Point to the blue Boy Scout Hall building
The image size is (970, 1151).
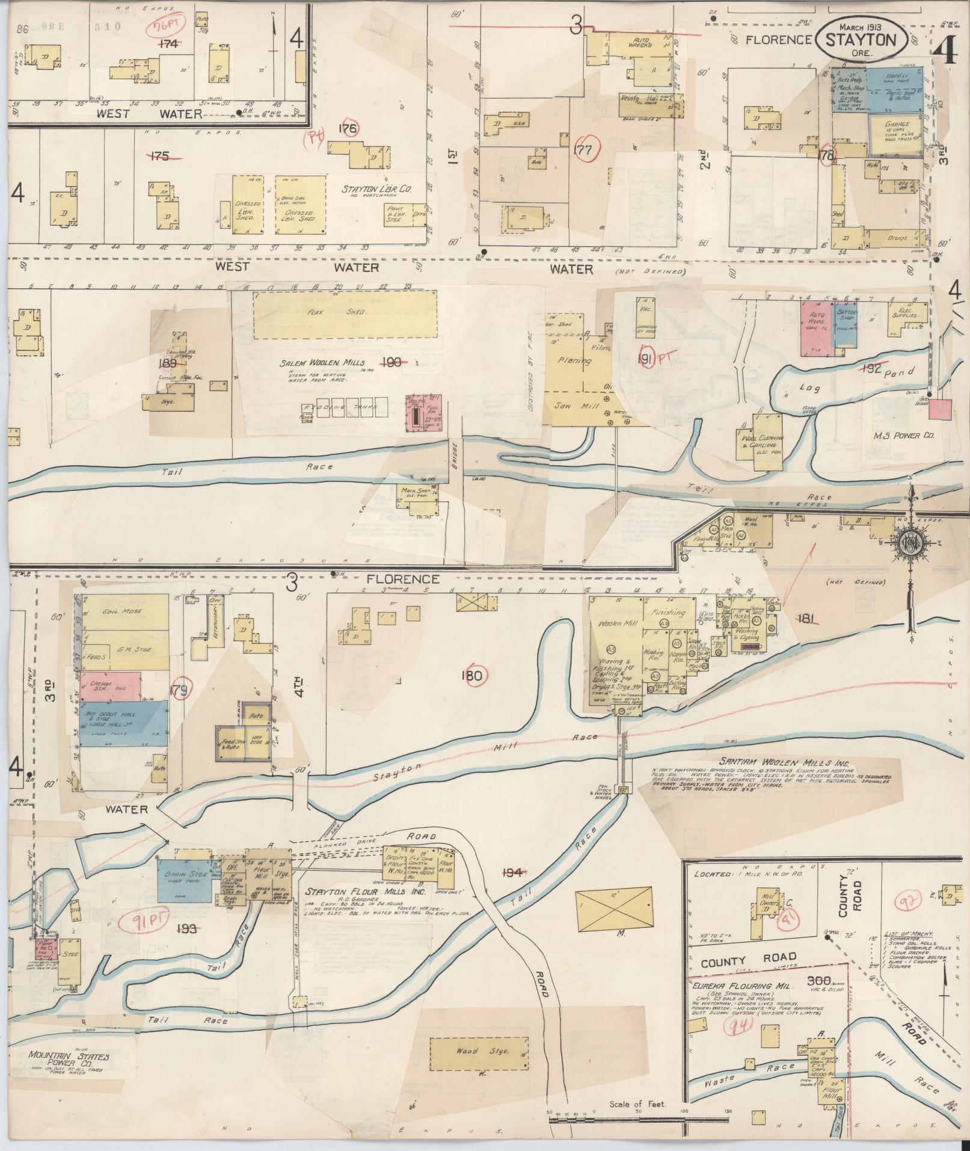(x=123, y=724)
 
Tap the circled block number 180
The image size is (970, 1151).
(x=472, y=676)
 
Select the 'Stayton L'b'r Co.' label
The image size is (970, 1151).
(x=376, y=189)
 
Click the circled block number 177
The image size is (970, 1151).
(x=583, y=149)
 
